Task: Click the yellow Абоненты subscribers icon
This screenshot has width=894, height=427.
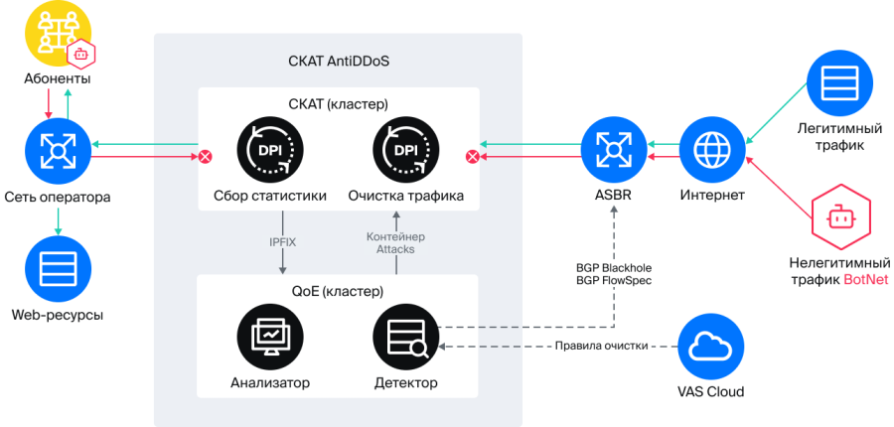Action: click(x=50, y=33)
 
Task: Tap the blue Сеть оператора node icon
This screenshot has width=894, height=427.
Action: click(x=58, y=150)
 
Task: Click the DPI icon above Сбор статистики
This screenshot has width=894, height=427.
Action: click(x=269, y=150)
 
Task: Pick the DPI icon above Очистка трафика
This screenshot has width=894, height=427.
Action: click(x=404, y=150)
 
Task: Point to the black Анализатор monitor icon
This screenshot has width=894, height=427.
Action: click(x=269, y=337)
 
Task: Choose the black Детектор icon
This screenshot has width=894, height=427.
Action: click(x=404, y=337)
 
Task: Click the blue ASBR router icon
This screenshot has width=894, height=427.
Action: click(x=614, y=150)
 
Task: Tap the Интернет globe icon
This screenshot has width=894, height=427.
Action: click(x=711, y=150)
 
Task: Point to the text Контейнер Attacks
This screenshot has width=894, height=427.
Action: click(x=395, y=243)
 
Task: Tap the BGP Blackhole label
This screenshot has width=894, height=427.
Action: click(x=613, y=267)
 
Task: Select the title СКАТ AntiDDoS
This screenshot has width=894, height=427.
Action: click(x=338, y=61)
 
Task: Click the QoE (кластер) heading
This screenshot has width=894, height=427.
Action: click(x=338, y=291)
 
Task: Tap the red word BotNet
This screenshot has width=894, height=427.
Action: click(x=864, y=281)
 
